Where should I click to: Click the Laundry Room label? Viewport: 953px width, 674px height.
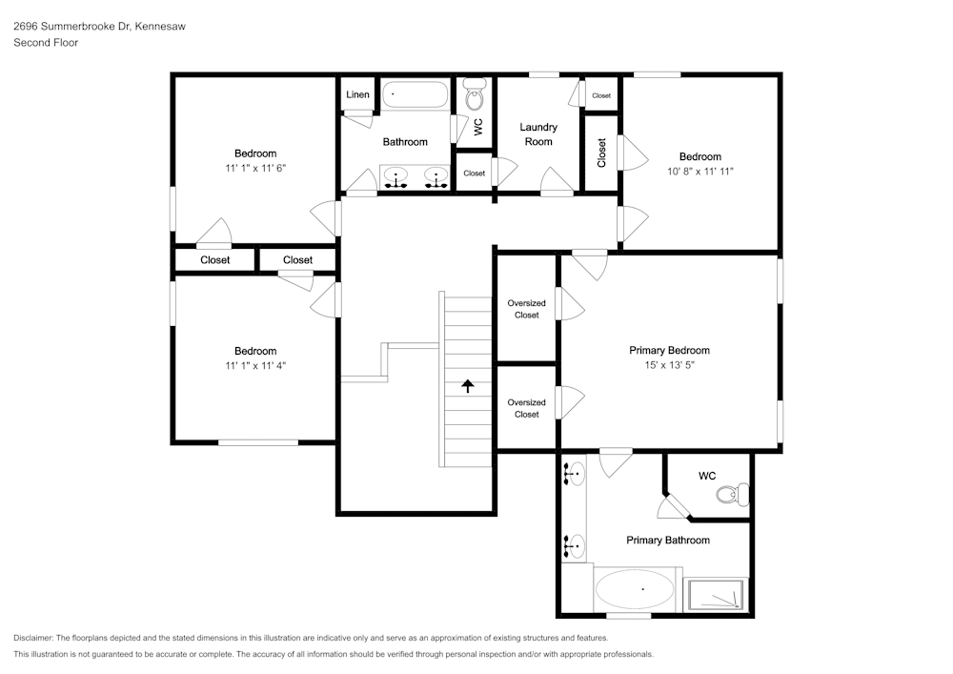point(538,134)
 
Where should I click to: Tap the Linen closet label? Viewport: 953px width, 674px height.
point(357,94)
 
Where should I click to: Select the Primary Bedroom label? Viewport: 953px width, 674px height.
point(669,350)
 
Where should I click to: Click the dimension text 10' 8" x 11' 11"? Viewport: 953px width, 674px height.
point(700,172)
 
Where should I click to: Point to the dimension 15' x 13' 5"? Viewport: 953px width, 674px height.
point(669,365)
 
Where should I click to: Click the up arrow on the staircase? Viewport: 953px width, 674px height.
point(467,386)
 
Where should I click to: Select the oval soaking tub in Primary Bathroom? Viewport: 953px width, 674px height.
point(635,589)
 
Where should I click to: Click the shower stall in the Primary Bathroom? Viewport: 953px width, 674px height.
point(716,595)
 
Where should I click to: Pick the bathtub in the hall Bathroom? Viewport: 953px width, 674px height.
point(416,94)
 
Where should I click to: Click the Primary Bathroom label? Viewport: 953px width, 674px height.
point(668,540)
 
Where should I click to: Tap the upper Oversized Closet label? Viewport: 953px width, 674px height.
point(526,309)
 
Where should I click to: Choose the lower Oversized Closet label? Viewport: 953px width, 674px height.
point(526,408)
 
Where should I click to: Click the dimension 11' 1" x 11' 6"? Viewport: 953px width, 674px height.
point(255,169)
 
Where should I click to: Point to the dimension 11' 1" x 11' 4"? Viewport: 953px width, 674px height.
point(255,366)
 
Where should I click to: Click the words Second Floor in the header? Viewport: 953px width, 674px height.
point(46,43)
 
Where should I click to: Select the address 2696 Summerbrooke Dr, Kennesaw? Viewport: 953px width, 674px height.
point(100,26)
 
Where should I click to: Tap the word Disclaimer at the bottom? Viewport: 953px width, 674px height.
point(32,638)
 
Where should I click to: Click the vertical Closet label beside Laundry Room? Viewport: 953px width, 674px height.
point(601,153)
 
